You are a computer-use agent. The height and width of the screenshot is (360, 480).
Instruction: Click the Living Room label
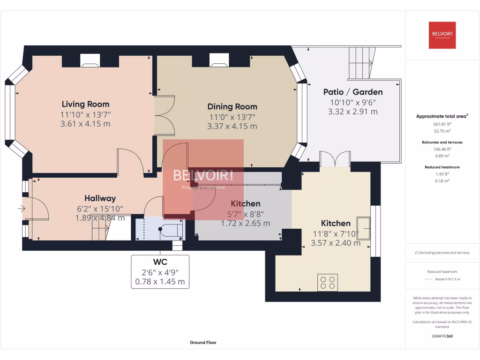[85, 104]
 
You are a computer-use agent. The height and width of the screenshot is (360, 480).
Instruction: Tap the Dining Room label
[232, 106]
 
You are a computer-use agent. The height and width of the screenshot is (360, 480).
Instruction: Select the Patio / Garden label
[352, 92]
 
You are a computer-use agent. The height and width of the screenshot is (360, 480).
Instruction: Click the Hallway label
[100, 198]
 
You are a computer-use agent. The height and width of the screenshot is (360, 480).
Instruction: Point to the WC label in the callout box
[160, 262]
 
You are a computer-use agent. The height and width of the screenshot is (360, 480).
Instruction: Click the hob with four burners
[328, 282]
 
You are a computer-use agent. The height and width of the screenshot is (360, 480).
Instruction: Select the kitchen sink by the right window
[363, 228]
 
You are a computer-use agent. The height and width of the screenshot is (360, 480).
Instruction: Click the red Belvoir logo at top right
[442, 35]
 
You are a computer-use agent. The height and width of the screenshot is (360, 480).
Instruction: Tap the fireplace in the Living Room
[90, 60]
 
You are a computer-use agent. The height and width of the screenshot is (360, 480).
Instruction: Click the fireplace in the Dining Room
[218, 60]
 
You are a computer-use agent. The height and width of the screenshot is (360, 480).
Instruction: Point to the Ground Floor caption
[203, 343]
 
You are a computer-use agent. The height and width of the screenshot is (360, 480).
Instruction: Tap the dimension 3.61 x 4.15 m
[85, 124]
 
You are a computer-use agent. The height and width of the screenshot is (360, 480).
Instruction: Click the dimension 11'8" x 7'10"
[335, 233]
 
